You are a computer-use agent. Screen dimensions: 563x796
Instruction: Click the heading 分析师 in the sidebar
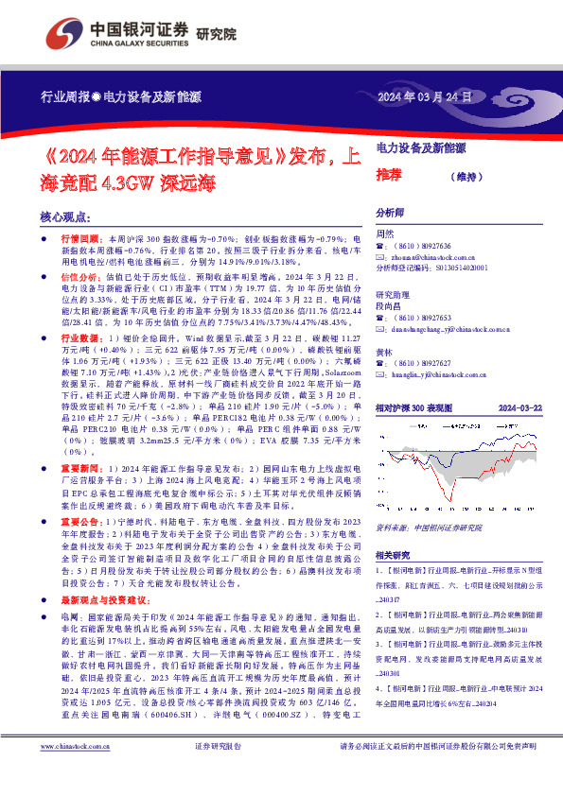click(390, 214)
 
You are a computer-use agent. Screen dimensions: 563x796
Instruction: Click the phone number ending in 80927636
click(430, 246)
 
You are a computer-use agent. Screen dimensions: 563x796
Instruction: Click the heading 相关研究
click(394, 555)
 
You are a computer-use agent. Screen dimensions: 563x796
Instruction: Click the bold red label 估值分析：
click(82, 278)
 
